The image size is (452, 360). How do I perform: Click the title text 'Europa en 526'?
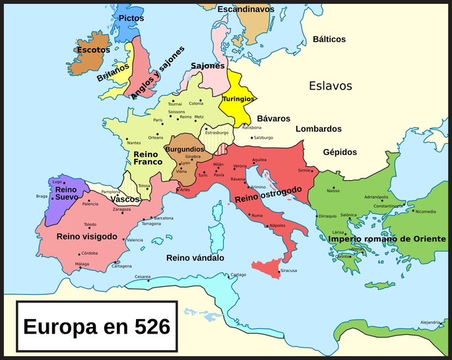click(x=96, y=326)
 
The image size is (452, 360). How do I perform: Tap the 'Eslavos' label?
click(x=331, y=86)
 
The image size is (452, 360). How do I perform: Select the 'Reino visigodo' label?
click(x=87, y=236)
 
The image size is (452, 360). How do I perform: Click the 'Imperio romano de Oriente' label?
click(x=393, y=239)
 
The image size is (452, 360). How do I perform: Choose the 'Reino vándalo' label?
click(x=195, y=258)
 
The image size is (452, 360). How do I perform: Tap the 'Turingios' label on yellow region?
click(x=238, y=99)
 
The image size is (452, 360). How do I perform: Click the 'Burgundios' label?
click(x=184, y=150)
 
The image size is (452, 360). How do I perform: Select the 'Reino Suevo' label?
click(x=67, y=193)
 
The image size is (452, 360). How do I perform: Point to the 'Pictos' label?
click(x=131, y=18)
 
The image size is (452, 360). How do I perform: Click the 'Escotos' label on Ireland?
click(x=93, y=50)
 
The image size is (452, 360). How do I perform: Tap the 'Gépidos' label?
click(x=340, y=152)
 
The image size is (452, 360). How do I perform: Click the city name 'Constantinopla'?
click(x=388, y=206)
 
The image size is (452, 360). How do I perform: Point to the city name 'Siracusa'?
click(x=289, y=270)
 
